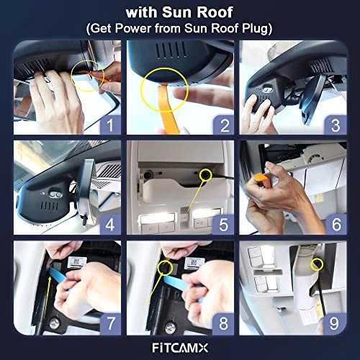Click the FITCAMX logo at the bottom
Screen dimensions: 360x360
180,347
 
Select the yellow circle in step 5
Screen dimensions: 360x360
207,173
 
